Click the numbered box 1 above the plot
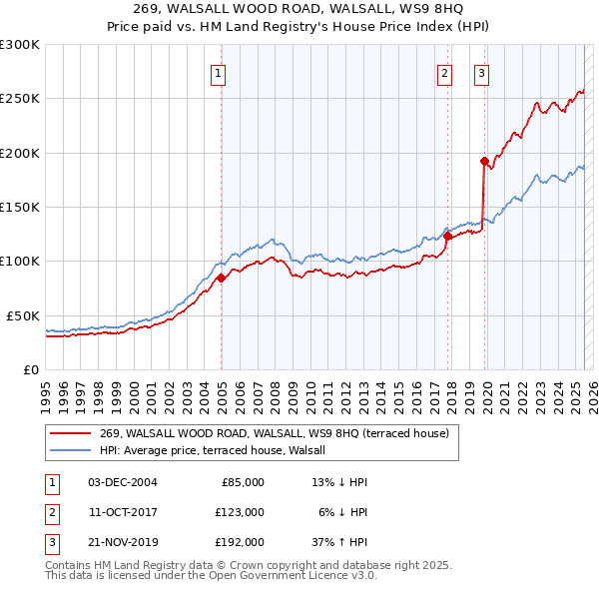(x=218, y=72)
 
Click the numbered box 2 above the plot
(x=444, y=72)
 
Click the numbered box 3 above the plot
(x=481, y=72)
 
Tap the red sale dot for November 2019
(x=484, y=161)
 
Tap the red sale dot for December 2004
(x=221, y=278)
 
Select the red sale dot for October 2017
(x=447, y=237)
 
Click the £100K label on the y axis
(x=20, y=261)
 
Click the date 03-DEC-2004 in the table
(x=123, y=482)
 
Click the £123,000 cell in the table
(x=241, y=512)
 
